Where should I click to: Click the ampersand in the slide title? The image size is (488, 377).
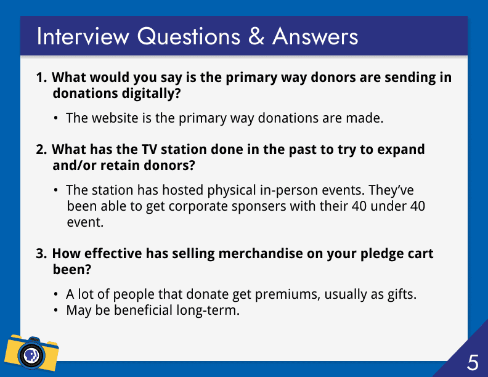click(256, 36)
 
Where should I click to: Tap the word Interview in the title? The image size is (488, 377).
click(83, 36)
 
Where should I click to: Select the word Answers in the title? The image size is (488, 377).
click(315, 36)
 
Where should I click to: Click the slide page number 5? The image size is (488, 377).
click(473, 362)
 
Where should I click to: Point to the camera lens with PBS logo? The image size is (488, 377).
click(31, 355)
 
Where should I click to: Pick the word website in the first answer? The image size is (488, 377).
click(115, 118)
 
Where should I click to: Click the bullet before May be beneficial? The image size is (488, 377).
click(55, 310)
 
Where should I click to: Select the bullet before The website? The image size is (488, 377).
click(55, 118)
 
